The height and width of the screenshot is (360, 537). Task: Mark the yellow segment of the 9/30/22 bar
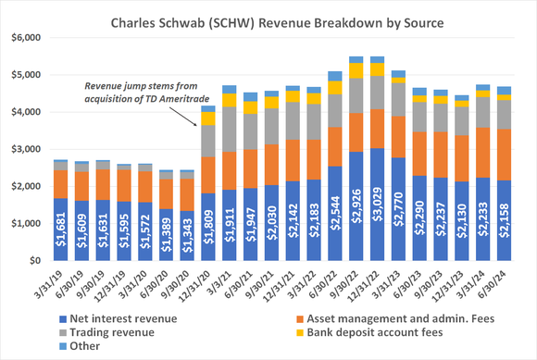356,70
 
